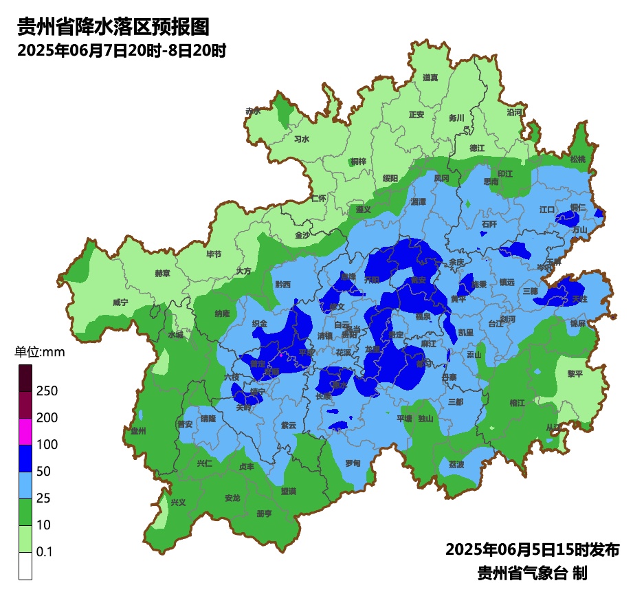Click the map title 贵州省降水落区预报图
pos(113,27)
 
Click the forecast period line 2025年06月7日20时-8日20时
pos(122,51)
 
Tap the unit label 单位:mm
pos(39,353)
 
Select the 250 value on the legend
pos(47,391)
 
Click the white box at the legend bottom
pos(25,566)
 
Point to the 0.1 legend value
pos(45,552)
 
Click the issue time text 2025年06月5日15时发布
pos(533,550)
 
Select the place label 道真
pos(430,78)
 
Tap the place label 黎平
pos(575,373)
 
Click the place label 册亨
pos(264,514)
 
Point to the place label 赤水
pos(253,111)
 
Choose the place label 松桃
pos(578,159)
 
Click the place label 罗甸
pos(353,463)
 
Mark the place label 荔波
pos(456,464)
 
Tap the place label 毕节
pos(214,254)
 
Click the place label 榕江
pos(518,402)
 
